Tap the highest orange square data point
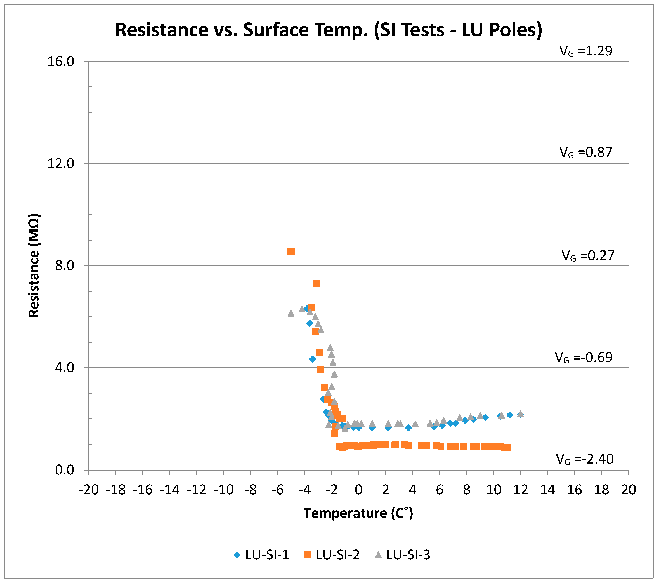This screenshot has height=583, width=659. pos(291,251)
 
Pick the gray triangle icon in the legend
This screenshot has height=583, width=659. pos(378,555)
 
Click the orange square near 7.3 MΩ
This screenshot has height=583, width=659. pos(317,284)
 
